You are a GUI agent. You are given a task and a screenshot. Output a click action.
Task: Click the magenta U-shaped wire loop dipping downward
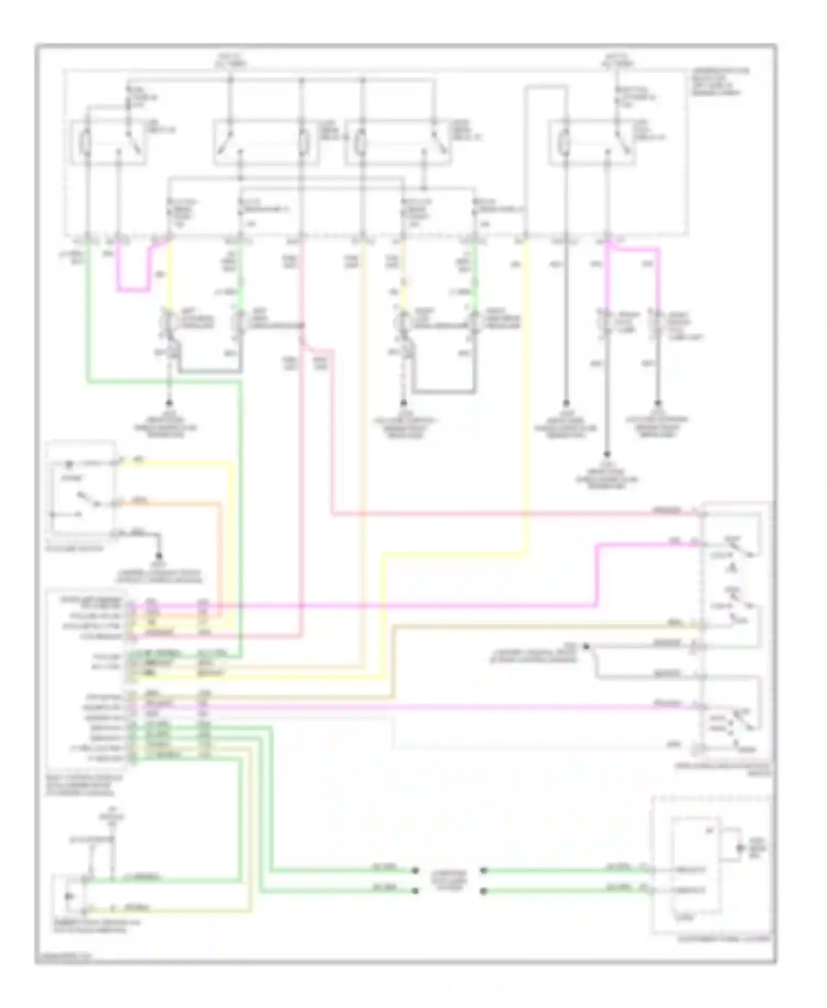(x=132, y=288)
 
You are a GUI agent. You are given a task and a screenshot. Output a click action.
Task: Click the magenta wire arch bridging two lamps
(x=634, y=250)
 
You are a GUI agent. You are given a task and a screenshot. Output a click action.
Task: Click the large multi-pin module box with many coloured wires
(x=87, y=679)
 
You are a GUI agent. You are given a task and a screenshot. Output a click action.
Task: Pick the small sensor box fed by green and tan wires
(x=68, y=895)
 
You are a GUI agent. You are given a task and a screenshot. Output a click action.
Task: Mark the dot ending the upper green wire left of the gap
(x=414, y=871)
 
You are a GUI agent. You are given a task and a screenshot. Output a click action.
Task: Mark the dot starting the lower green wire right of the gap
(x=484, y=891)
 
